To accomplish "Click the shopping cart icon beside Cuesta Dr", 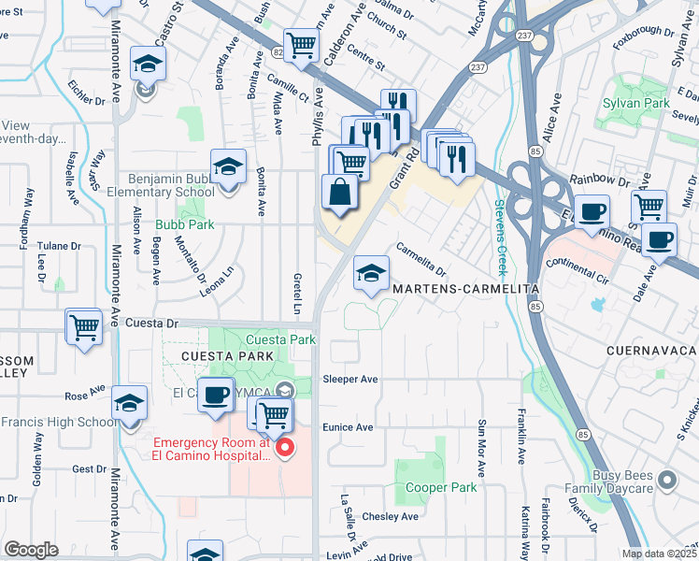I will pos(84,327).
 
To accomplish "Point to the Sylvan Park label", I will pos(636,102).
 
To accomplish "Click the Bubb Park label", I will pos(184,224).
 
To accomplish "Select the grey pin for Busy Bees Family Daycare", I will pos(666,480).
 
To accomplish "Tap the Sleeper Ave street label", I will pos(349,380).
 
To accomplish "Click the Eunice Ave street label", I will pos(348,427).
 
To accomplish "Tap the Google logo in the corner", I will pos(31,550).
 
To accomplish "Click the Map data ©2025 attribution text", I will pos(659,554).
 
